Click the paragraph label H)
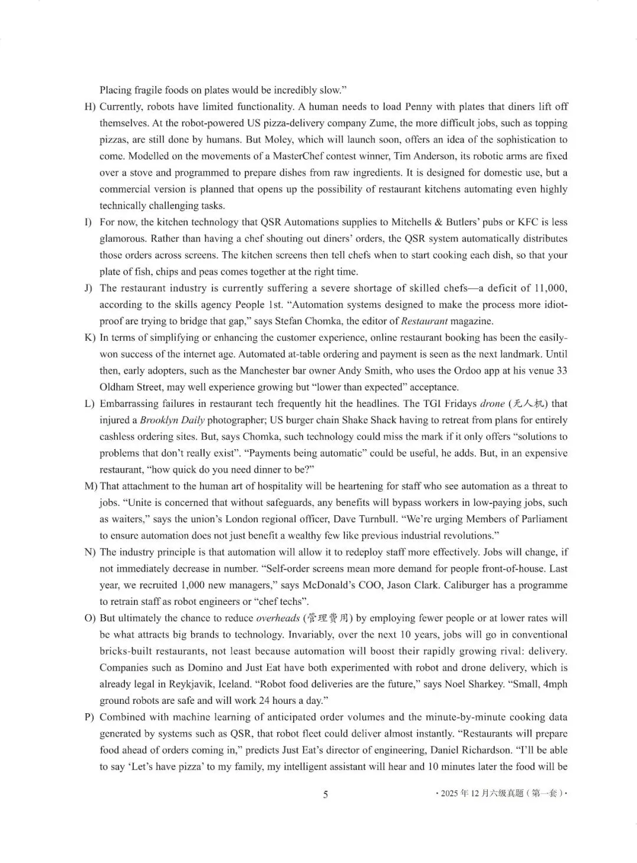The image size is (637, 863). (90, 107)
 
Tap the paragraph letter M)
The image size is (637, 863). (91, 486)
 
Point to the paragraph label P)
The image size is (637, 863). (90, 717)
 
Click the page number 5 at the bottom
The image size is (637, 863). (325, 794)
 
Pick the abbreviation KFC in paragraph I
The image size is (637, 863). (528, 222)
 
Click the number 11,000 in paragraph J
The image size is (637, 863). (550, 288)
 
